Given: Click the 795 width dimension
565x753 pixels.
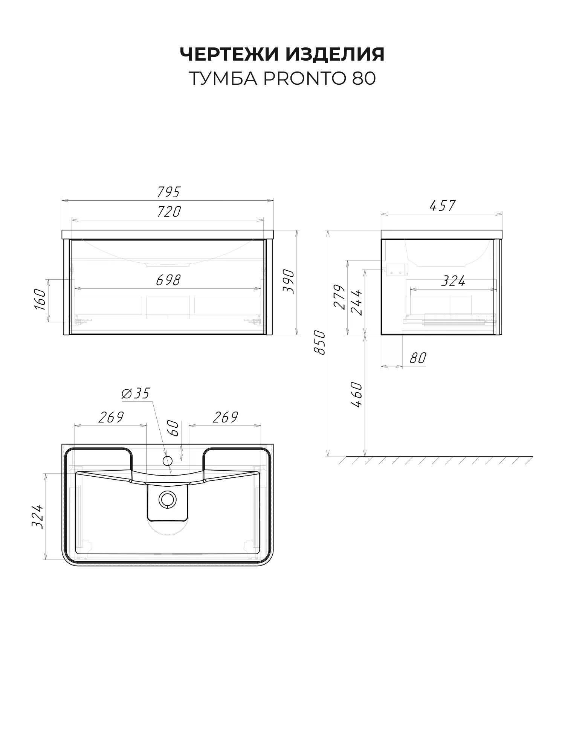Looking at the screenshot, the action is pyautogui.click(x=168, y=192).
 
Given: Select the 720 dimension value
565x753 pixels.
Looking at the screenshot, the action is pyautogui.click(x=169, y=212).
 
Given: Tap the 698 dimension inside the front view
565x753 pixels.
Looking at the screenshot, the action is pyautogui.click(x=168, y=280).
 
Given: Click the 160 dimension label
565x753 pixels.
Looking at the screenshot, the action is pyautogui.click(x=40, y=300).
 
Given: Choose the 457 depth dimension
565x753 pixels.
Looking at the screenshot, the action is pyautogui.click(x=443, y=206).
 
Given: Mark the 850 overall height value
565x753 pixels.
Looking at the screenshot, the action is pyautogui.click(x=319, y=343).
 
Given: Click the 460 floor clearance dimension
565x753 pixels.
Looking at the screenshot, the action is pyautogui.click(x=356, y=395).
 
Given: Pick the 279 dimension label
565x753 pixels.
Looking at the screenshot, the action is pyautogui.click(x=340, y=297).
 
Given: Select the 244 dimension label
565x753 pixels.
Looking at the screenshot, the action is pyautogui.click(x=356, y=302).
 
